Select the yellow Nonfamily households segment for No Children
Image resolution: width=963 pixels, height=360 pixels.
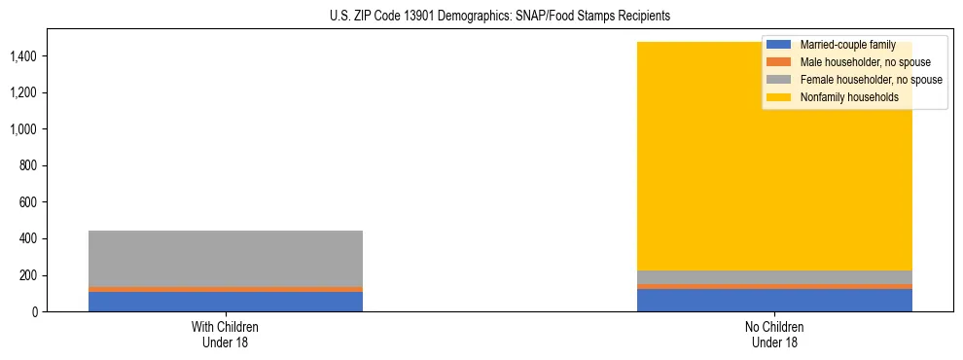click(700, 175)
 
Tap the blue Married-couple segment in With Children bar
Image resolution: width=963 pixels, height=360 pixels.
click(226, 302)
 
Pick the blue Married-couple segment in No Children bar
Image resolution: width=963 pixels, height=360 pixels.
click(774, 301)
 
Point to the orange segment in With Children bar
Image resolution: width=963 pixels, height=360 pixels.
click(226, 289)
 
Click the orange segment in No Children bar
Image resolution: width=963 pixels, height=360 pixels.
click(774, 286)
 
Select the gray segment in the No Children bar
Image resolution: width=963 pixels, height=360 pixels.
click(774, 277)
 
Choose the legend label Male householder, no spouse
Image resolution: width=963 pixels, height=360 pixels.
click(858, 62)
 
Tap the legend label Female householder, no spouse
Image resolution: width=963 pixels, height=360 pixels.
click(871, 80)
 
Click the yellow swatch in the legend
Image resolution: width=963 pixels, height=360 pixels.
click(779, 97)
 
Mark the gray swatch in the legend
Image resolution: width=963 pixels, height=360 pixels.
click(779, 80)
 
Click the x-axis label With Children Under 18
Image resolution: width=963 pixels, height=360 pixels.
click(226, 334)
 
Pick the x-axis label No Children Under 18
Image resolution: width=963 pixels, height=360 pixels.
click(774, 334)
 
